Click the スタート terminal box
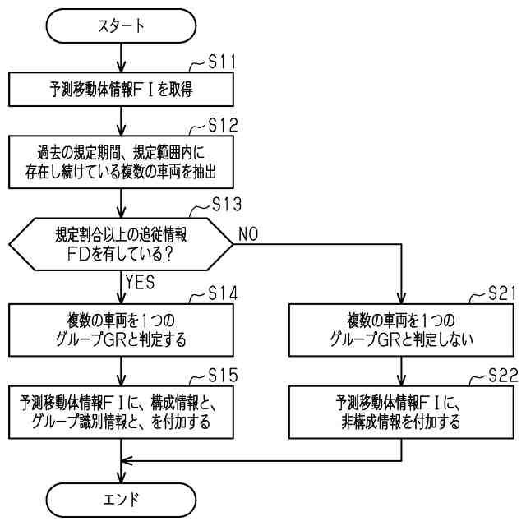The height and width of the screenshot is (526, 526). tap(121, 25)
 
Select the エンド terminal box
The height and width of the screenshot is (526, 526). tap(121, 500)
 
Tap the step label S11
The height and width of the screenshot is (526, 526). tap(222, 62)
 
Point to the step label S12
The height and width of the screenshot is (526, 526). tap(223, 126)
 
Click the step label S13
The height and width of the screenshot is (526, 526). tap(227, 204)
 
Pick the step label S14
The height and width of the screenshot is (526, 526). tap(223, 293)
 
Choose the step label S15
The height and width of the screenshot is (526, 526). tap(223, 375)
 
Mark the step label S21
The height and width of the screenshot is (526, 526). tap(502, 293)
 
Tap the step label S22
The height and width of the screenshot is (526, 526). tap(503, 375)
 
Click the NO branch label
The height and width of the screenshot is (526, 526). tap(248, 233)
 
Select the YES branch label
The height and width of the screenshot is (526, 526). tap(140, 282)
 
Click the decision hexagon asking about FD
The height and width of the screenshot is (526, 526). tap(121, 244)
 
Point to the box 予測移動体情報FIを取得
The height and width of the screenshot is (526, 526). tap(121, 90)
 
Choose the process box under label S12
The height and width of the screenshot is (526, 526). tap(121, 162)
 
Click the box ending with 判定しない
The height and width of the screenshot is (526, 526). tap(401, 330)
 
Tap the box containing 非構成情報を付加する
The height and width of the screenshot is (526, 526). tap(401, 413)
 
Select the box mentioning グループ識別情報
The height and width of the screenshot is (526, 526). tap(121, 413)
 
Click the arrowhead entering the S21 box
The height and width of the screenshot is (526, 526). tap(401, 298)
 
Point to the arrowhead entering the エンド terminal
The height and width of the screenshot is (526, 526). tap(121, 477)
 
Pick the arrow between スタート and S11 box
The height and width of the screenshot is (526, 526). tap(121, 58)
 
